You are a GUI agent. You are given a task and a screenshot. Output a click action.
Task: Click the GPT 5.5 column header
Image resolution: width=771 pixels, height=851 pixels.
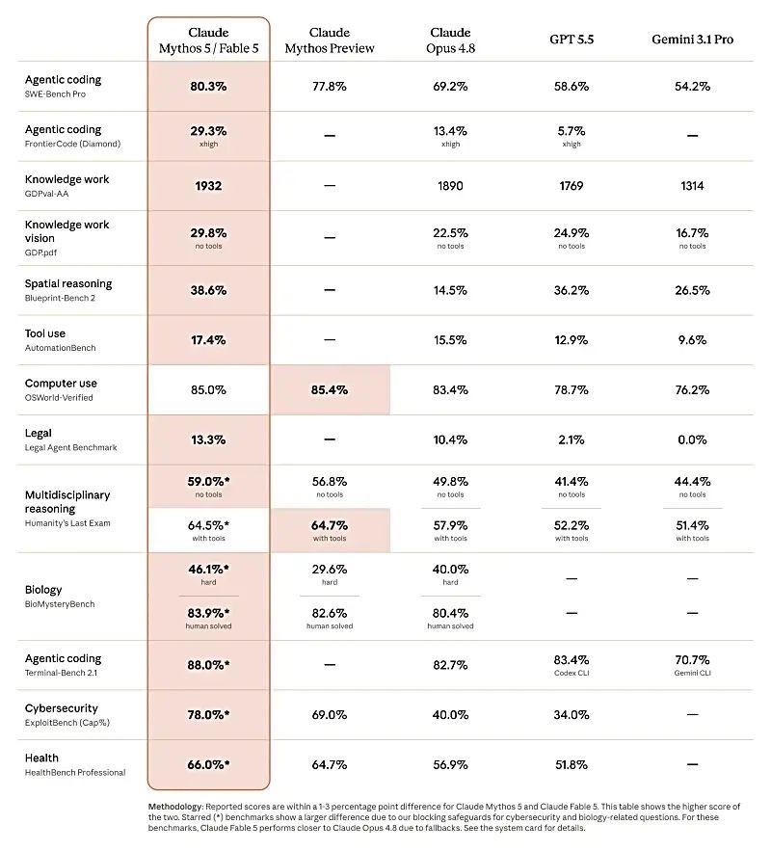[x=572, y=40]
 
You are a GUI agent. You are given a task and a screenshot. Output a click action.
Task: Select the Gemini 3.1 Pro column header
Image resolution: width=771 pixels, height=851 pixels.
[x=692, y=40]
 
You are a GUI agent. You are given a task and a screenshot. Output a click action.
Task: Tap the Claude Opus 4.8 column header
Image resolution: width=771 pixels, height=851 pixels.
[x=450, y=40]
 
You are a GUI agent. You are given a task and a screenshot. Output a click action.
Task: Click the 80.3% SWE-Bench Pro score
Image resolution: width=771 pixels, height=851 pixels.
[x=208, y=87]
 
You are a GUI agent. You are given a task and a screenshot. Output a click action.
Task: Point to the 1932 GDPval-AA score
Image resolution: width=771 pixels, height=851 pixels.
[x=208, y=186]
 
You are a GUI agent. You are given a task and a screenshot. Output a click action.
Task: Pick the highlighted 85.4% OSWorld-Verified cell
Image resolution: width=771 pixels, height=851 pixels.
[x=331, y=389]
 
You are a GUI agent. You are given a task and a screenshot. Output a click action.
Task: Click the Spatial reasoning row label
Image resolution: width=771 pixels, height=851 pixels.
[x=68, y=283]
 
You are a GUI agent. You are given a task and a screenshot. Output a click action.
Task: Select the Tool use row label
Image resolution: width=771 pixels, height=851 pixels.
[x=45, y=333]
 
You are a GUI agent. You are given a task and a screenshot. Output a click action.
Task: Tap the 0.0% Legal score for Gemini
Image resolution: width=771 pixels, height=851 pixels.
[x=692, y=439]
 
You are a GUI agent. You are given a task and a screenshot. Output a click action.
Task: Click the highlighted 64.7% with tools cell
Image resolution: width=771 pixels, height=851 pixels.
[x=331, y=530]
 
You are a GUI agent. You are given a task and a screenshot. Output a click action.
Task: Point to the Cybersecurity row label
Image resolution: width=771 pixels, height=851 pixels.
[x=62, y=708]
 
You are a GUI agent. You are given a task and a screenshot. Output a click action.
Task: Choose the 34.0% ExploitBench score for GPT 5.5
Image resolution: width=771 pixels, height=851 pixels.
[x=572, y=715]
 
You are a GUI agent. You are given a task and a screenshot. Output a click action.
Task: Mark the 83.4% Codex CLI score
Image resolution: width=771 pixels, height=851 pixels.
[x=572, y=665]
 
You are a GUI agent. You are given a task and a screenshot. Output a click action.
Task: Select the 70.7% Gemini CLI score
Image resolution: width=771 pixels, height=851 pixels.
[x=692, y=665]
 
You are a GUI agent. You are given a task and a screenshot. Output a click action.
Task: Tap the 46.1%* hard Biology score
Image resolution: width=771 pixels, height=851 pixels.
[x=208, y=573]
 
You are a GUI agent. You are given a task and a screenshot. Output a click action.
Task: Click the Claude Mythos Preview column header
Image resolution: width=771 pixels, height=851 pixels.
[x=330, y=40]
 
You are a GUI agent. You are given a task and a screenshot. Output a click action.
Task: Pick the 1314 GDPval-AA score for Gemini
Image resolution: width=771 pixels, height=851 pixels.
[x=692, y=186]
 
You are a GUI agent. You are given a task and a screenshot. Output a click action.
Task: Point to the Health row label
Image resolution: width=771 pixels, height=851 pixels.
[x=41, y=758]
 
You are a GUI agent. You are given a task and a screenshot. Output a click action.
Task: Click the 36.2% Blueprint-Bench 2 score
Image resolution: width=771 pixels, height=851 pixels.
[x=572, y=290]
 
